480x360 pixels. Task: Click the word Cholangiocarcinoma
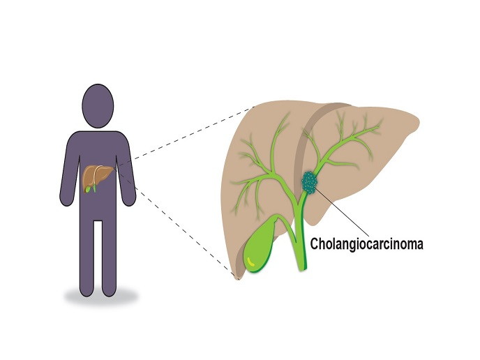point(367,245)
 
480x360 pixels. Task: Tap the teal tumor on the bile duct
point(309,183)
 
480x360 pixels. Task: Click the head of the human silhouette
point(103,105)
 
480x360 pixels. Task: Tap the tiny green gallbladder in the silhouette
point(87,186)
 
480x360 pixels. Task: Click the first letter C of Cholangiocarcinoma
point(315,245)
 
